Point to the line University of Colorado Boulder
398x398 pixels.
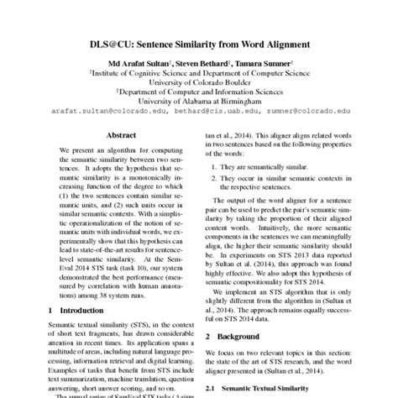[x=198, y=83]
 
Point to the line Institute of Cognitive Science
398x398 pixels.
[x=198, y=74]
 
